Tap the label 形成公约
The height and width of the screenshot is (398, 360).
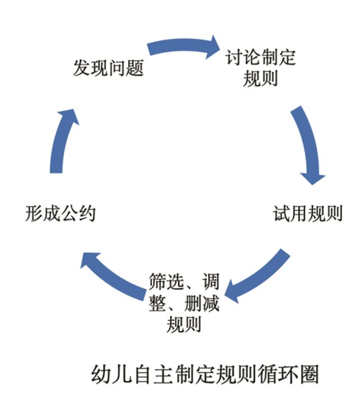click(60, 213)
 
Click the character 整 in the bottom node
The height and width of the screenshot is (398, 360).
click(158, 304)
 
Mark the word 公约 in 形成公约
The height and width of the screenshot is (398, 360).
click(78, 213)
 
